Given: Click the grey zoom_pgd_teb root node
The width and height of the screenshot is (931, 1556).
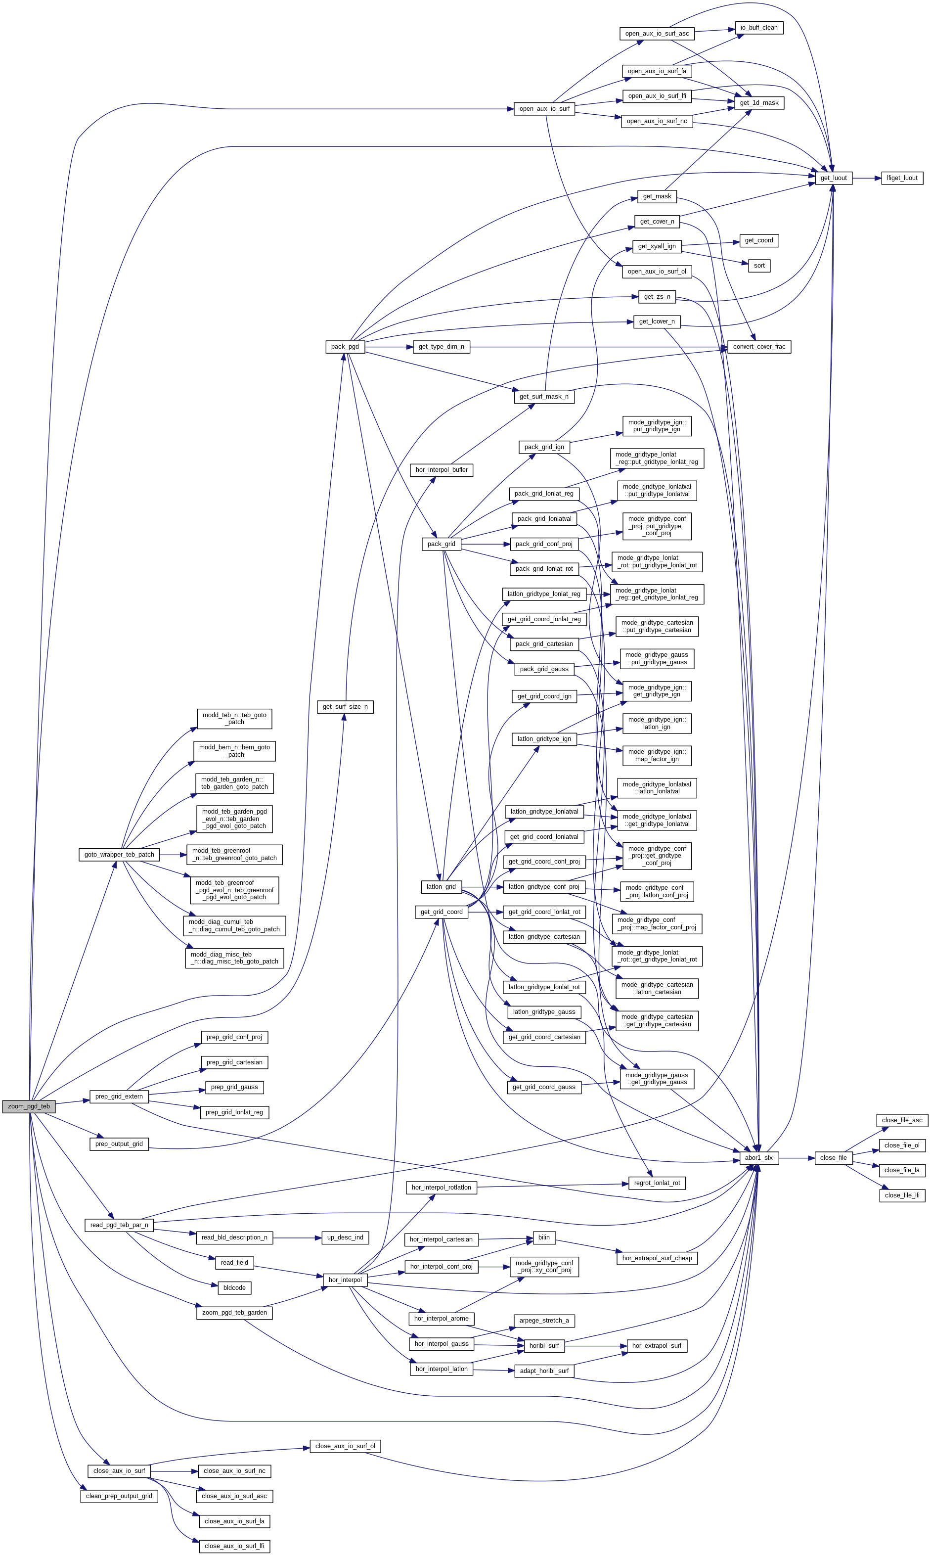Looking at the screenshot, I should point(28,1106).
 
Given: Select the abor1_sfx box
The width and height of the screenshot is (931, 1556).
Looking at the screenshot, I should point(759,1157).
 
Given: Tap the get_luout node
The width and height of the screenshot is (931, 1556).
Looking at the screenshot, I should point(833,178).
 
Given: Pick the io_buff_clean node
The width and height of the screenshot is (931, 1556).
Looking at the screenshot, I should point(758,28).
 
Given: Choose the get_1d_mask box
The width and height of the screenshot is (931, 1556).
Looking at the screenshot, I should point(758,103).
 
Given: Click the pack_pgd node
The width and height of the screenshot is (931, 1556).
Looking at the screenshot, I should point(345,346).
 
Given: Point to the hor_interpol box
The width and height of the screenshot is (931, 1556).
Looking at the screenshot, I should point(345,1280).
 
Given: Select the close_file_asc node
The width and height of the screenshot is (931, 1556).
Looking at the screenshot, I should point(901,1120).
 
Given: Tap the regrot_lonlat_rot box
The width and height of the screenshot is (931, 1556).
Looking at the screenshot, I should point(657,1183).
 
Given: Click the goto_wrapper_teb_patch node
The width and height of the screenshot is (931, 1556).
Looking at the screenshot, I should point(119,855).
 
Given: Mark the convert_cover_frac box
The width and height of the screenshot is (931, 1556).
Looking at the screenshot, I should point(758,346).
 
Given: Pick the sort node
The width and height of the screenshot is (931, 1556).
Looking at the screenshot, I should point(758,266).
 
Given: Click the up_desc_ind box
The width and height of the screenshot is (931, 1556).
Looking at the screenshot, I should point(345,1237).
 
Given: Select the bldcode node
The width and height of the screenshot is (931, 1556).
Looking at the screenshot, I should point(234,1287).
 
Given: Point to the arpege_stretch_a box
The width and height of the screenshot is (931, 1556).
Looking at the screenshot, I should point(544,1320).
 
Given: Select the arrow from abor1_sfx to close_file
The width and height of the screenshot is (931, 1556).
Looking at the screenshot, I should point(797,1157).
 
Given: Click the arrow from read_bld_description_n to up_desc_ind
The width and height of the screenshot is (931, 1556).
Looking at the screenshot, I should point(296,1237).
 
